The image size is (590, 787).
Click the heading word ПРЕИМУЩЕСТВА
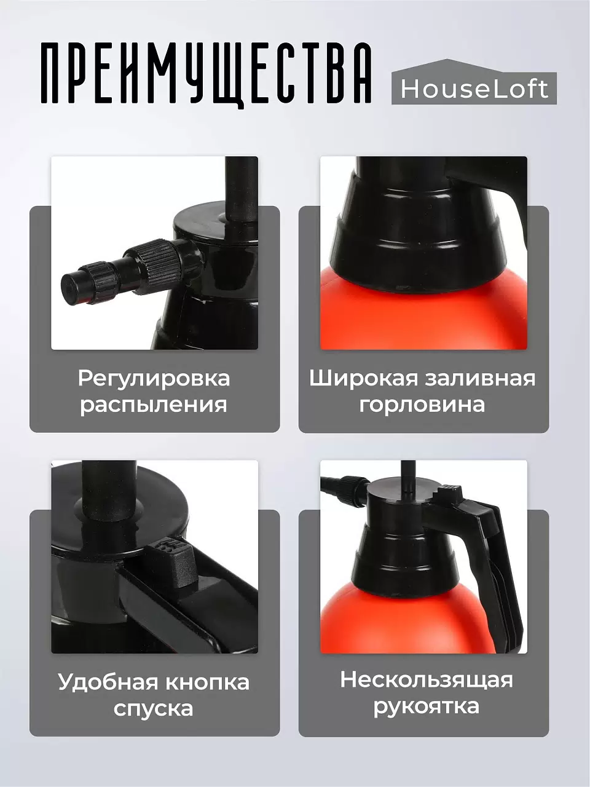click(206, 73)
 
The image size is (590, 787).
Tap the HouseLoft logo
click(474, 88)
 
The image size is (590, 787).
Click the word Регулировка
click(154, 378)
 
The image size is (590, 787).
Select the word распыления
click(154, 405)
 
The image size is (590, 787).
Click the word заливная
click(479, 378)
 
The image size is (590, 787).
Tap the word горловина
click(422, 405)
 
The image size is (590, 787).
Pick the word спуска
click(154, 708)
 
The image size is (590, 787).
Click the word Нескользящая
click(426, 679)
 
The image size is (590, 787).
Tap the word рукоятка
click(426, 706)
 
